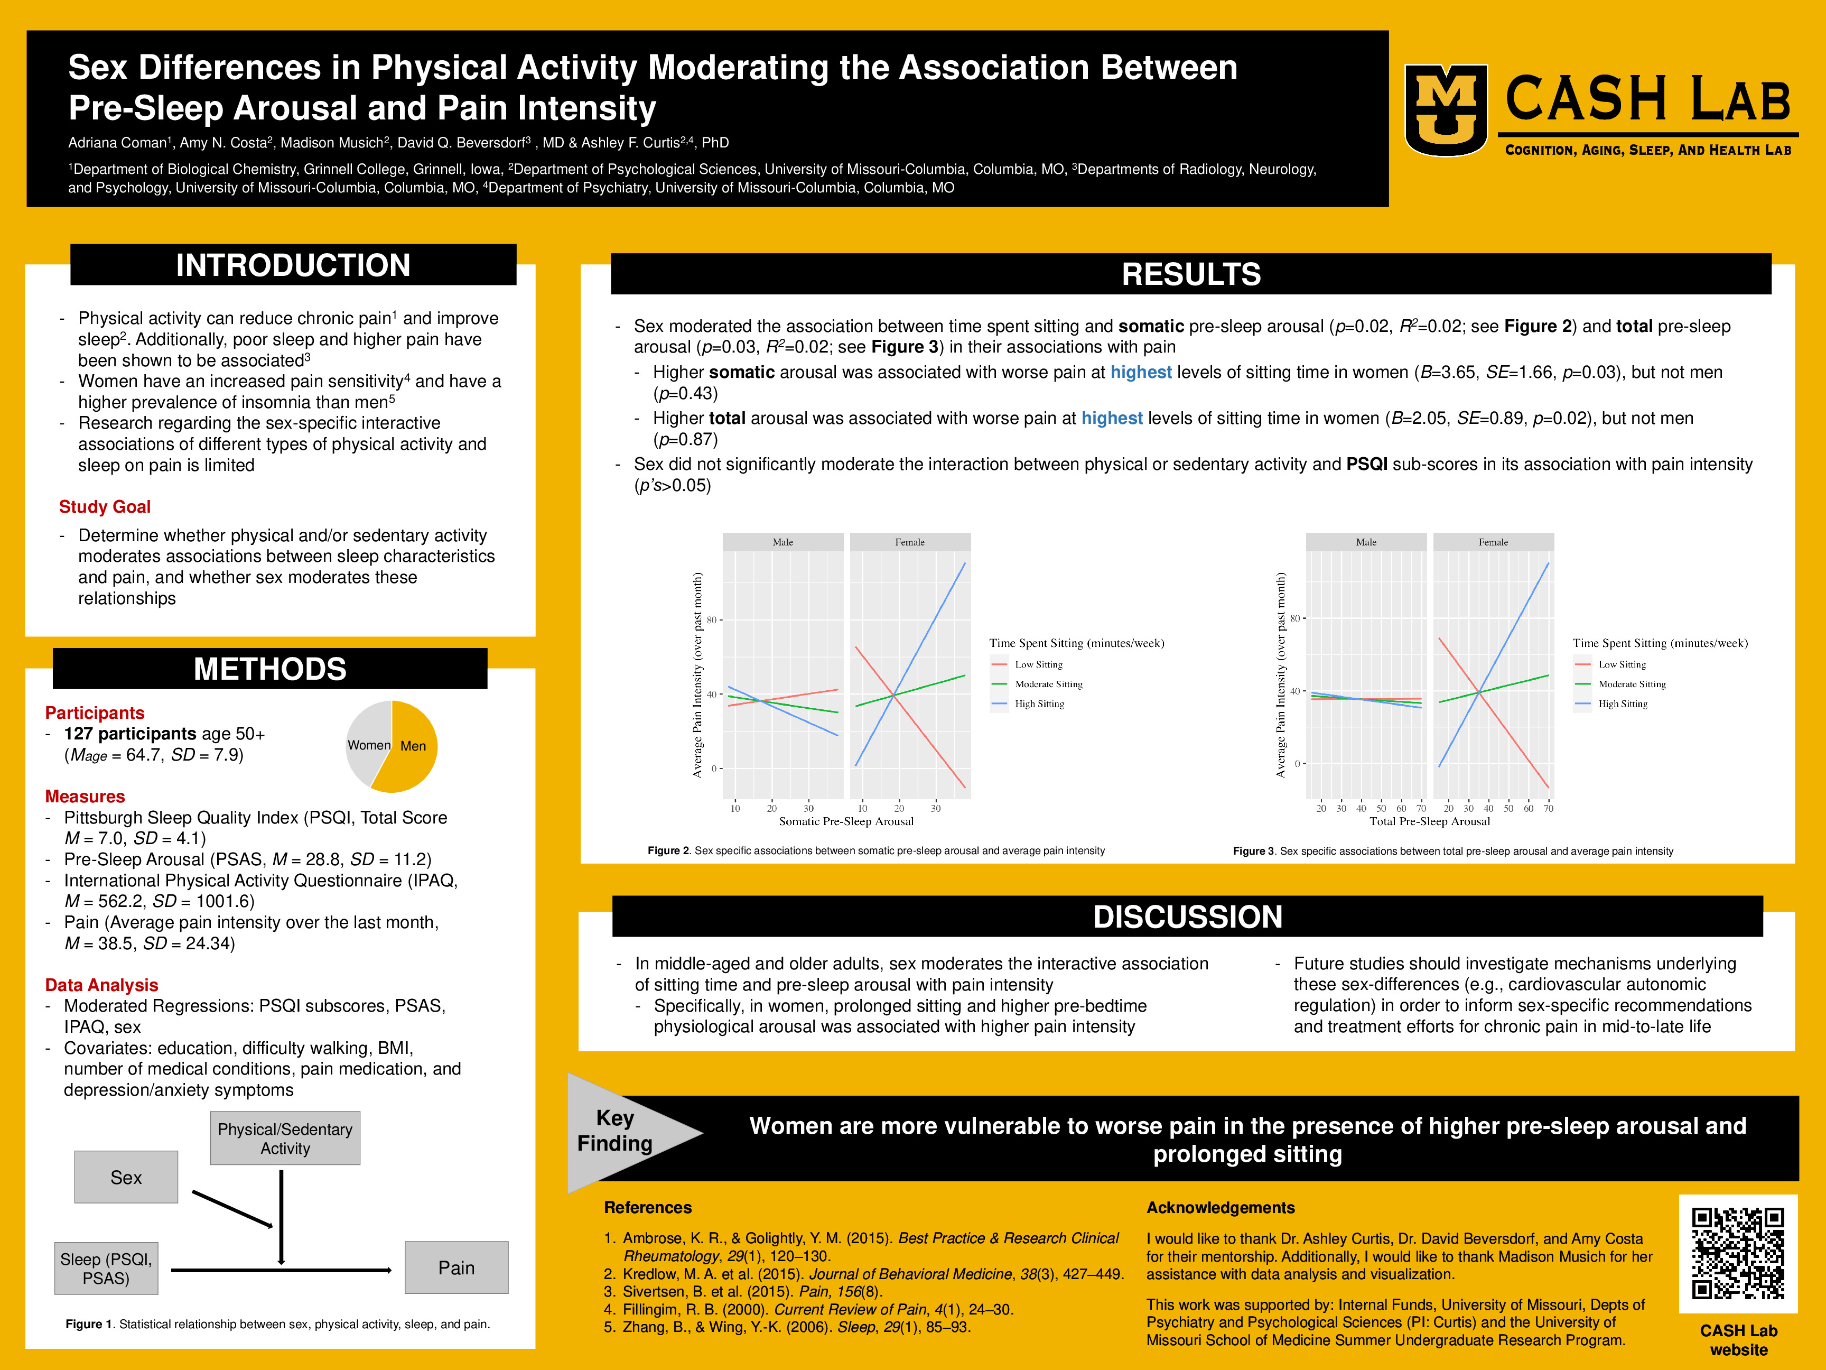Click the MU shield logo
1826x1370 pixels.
1446,110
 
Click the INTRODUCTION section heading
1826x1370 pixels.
293,265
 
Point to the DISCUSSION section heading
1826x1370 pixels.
1187,917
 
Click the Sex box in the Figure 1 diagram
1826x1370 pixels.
126,1177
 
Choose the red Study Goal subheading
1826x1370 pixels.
105,507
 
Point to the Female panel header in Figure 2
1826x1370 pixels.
910,542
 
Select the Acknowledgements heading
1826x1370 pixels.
1220,1207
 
